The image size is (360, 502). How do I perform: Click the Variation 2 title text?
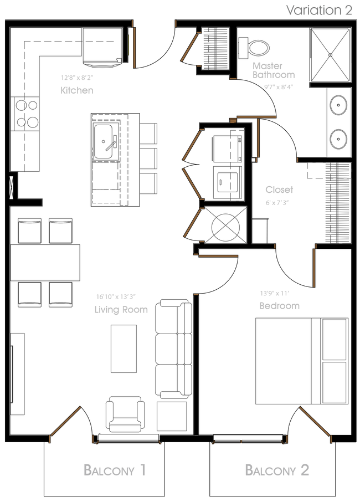point(319,10)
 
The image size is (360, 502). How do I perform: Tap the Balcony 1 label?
point(115,470)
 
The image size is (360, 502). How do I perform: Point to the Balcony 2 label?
point(277,470)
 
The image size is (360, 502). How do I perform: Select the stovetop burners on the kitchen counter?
point(25,112)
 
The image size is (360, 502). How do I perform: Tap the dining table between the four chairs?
point(45,263)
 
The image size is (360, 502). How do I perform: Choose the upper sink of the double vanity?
point(338,104)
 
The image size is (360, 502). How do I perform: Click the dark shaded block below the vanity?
point(338,202)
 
